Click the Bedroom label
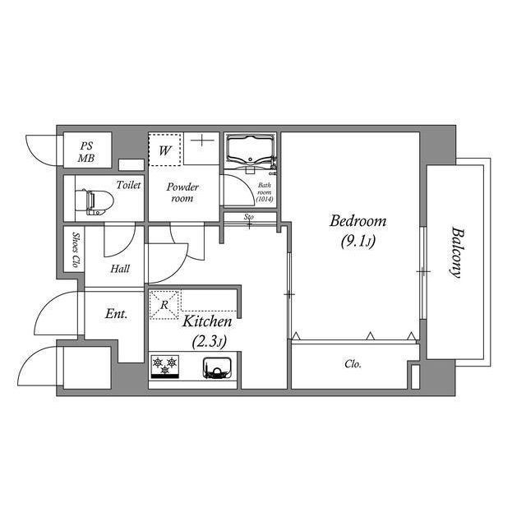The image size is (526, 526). click(358, 221)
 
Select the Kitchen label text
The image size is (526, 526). click(206, 321)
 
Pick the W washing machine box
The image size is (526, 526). click(164, 150)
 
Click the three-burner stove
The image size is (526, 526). click(165, 366)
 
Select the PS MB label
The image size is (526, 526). click(86, 151)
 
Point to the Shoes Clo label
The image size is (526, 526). click(75, 250)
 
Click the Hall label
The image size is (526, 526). click(120, 268)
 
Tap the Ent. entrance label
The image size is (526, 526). click(114, 313)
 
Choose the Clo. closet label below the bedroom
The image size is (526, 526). click(353, 363)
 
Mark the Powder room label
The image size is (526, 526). click(182, 192)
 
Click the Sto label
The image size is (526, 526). click(248, 217)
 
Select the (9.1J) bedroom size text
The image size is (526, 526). click(358, 242)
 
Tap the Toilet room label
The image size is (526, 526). click(129, 185)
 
